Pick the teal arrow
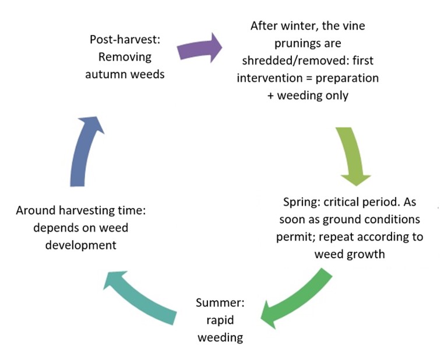tap(140, 298)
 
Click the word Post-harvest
tap(125, 40)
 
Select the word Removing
tap(125, 57)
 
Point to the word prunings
tap(308, 44)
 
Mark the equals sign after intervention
tap(309, 78)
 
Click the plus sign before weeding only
tap(270, 96)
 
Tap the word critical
tap(342, 202)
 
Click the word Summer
tap(220, 303)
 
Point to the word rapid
tap(220, 320)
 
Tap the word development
tap(81, 245)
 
